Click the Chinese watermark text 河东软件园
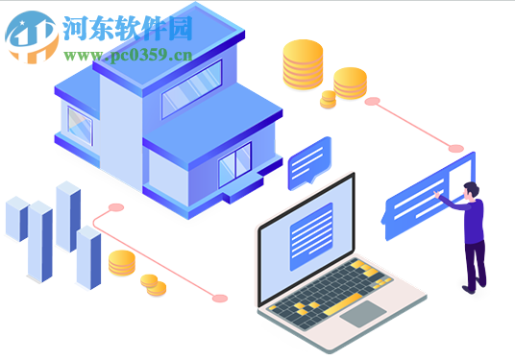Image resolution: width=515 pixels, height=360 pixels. [x=128, y=28]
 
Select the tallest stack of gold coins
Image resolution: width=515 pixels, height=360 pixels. [x=303, y=65]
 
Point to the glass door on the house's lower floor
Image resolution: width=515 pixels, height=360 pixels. [x=234, y=164]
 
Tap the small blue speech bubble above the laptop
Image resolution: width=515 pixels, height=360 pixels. [x=308, y=159]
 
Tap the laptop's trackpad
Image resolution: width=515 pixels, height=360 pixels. [x=362, y=313]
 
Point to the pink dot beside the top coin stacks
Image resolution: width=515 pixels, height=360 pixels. [x=373, y=101]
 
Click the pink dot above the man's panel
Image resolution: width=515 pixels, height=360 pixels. [x=456, y=149]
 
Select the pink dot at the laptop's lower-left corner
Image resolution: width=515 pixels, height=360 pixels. [x=220, y=299]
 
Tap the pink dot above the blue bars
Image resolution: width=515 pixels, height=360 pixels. [x=116, y=206]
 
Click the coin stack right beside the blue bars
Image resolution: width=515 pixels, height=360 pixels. [x=121, y=262]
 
